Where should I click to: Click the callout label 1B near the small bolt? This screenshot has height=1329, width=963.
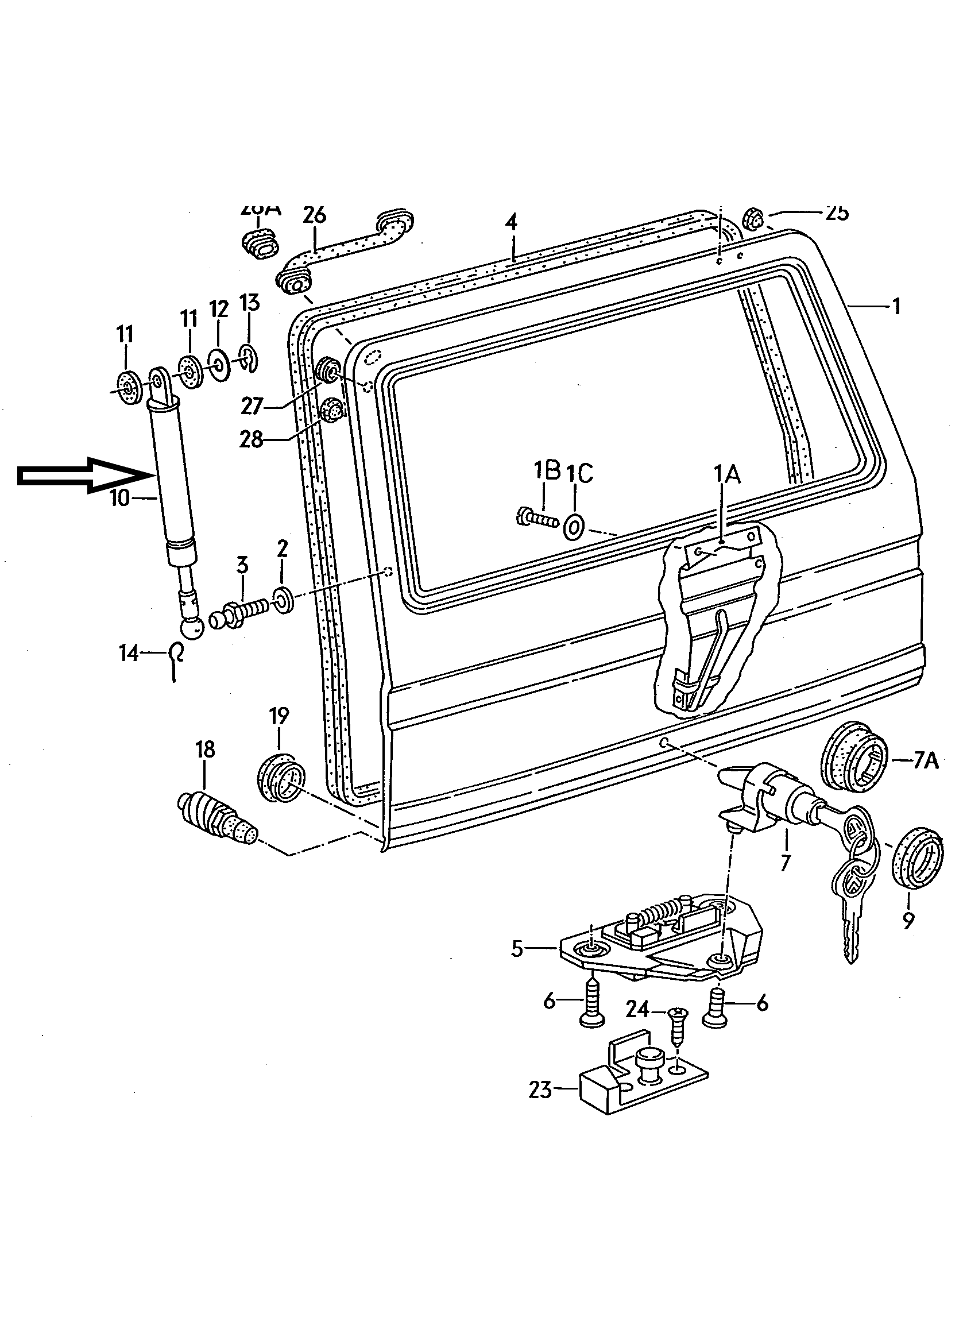[547, 470]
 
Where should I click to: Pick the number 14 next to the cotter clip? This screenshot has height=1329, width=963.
[128, 652]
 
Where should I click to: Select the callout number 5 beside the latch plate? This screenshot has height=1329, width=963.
[517, 948]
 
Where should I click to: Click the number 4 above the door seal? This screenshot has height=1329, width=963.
[512, 223]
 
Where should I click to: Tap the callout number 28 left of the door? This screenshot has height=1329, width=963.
[252, 439]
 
